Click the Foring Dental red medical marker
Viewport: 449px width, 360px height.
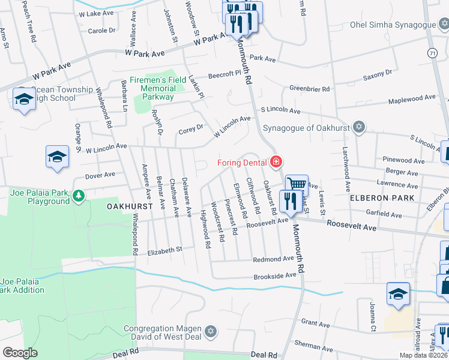276,162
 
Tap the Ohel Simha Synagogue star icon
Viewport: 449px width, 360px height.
444,25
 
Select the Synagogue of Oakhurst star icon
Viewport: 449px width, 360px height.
359,127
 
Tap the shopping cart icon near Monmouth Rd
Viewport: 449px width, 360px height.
297,184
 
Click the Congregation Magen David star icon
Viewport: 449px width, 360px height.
210,332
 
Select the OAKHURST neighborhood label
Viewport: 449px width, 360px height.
127,206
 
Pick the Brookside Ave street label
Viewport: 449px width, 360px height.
275,275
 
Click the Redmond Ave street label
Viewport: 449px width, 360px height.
273,259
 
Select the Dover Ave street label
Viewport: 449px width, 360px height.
100,175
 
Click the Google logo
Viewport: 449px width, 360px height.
20,352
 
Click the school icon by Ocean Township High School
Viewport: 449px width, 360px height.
25,100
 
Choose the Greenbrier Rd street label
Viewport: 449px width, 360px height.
310,89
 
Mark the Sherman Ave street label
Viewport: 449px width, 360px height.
313,346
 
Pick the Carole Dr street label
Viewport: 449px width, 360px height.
102,31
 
